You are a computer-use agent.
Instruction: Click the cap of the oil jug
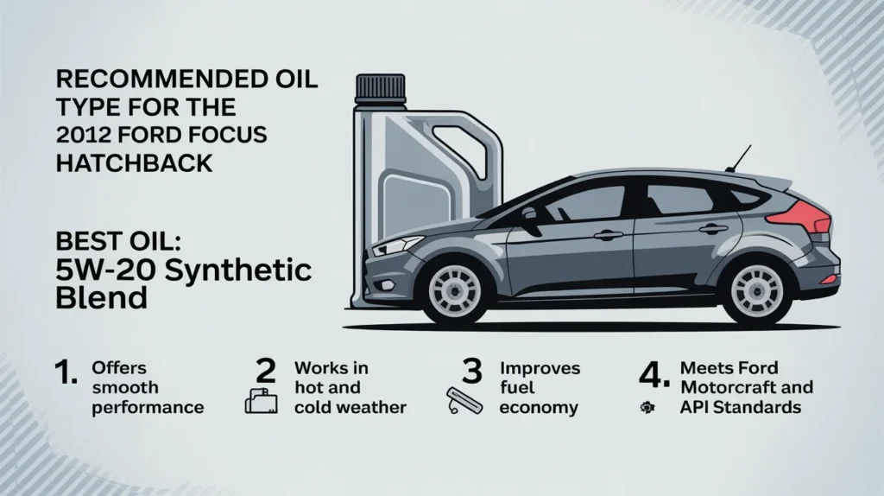click(381, 87)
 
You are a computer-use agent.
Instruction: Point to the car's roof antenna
click(742, 159)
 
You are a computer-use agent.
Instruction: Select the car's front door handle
click(609, 234)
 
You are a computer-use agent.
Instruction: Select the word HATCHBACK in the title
click(134, 162)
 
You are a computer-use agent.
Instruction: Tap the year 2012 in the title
click(82, 136)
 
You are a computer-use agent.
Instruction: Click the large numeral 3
click(470, 372)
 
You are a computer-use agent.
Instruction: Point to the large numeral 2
click(266, 371)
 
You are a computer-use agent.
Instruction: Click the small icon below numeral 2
click(261, 402)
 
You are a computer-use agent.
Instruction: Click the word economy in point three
click(538, 407)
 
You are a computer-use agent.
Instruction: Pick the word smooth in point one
click(124, 388)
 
